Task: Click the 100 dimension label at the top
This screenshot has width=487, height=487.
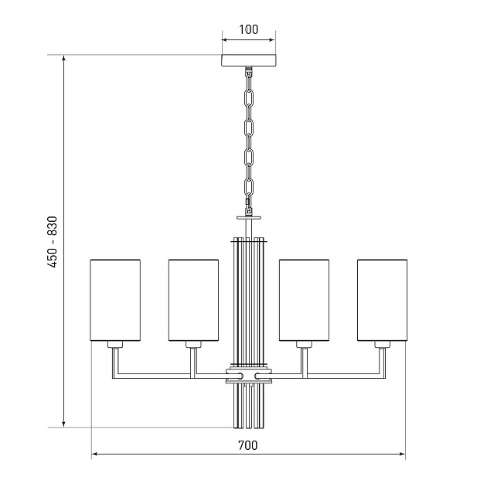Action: [x=248, y=29]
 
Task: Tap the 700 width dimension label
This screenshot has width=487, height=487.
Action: [x=248, y=445]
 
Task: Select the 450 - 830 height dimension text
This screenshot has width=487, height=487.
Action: [x=53, y=242]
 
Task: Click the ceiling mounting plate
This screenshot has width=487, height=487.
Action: [x=249, y=61]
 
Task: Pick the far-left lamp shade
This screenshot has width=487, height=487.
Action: [x=115, y=300]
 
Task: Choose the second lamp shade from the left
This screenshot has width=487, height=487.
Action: [x=193, y=300]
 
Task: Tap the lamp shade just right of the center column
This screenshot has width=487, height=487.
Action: [x=304, y=300]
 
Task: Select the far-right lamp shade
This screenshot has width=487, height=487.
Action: [x=383, y=300]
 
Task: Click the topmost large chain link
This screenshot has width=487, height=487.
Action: [x=249, y=98]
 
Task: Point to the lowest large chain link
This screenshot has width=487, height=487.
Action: [x=249, y=187]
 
